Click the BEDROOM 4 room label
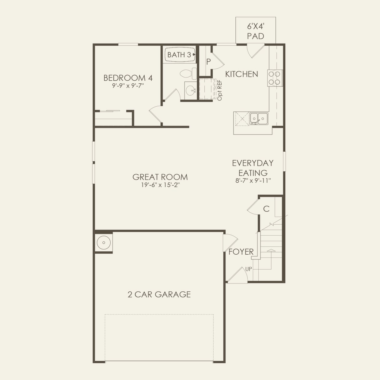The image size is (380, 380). (128, 78)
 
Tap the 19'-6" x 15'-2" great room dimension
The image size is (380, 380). (160, 185)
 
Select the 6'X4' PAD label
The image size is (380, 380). (255, 32)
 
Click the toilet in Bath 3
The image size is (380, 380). (188, 74)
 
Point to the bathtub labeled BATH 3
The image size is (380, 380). (180, 55)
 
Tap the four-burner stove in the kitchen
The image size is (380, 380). (275, 78)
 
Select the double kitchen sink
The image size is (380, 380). (259, 118)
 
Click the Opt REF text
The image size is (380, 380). (219, 90)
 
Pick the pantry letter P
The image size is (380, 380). (208, 62)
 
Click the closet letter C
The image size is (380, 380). (266, 209)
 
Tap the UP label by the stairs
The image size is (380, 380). (249, 269)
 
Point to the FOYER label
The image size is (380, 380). (241, 252)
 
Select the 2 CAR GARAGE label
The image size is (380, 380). (159, 294)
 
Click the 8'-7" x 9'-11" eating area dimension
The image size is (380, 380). (253, 181)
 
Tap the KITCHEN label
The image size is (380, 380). (241, 74)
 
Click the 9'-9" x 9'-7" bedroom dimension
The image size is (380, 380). (128, 86)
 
